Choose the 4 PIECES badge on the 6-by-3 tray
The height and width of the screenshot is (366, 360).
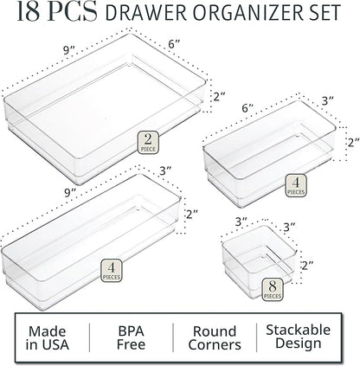[x=295, y=184]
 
